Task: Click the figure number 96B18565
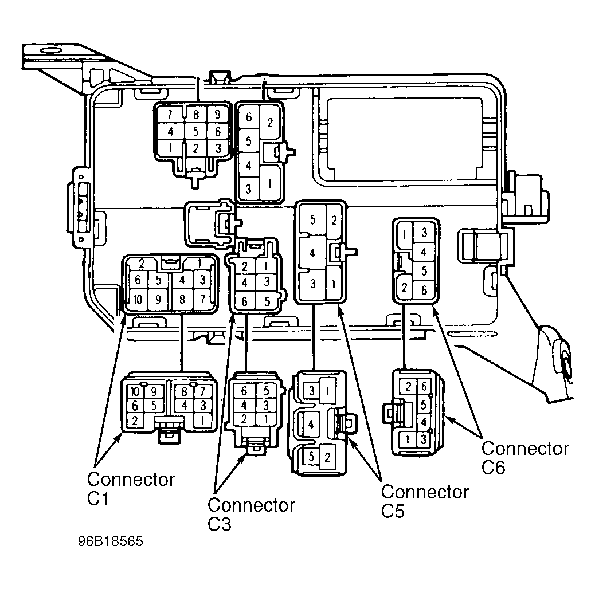111,541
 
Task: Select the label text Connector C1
131,489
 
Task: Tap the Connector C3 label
251,515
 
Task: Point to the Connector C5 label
425,501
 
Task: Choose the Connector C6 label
526,457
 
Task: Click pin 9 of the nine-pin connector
217,114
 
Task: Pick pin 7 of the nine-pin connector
170,114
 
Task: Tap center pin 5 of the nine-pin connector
195,132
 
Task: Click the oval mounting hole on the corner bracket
51,51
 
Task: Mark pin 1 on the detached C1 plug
203,420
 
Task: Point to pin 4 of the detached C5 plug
311,424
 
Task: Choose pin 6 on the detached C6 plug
424,387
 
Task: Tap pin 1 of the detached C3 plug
265,419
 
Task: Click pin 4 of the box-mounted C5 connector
312,253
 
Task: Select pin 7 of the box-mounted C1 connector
203,299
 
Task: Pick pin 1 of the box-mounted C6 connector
405,235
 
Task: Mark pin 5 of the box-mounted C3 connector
267,301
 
